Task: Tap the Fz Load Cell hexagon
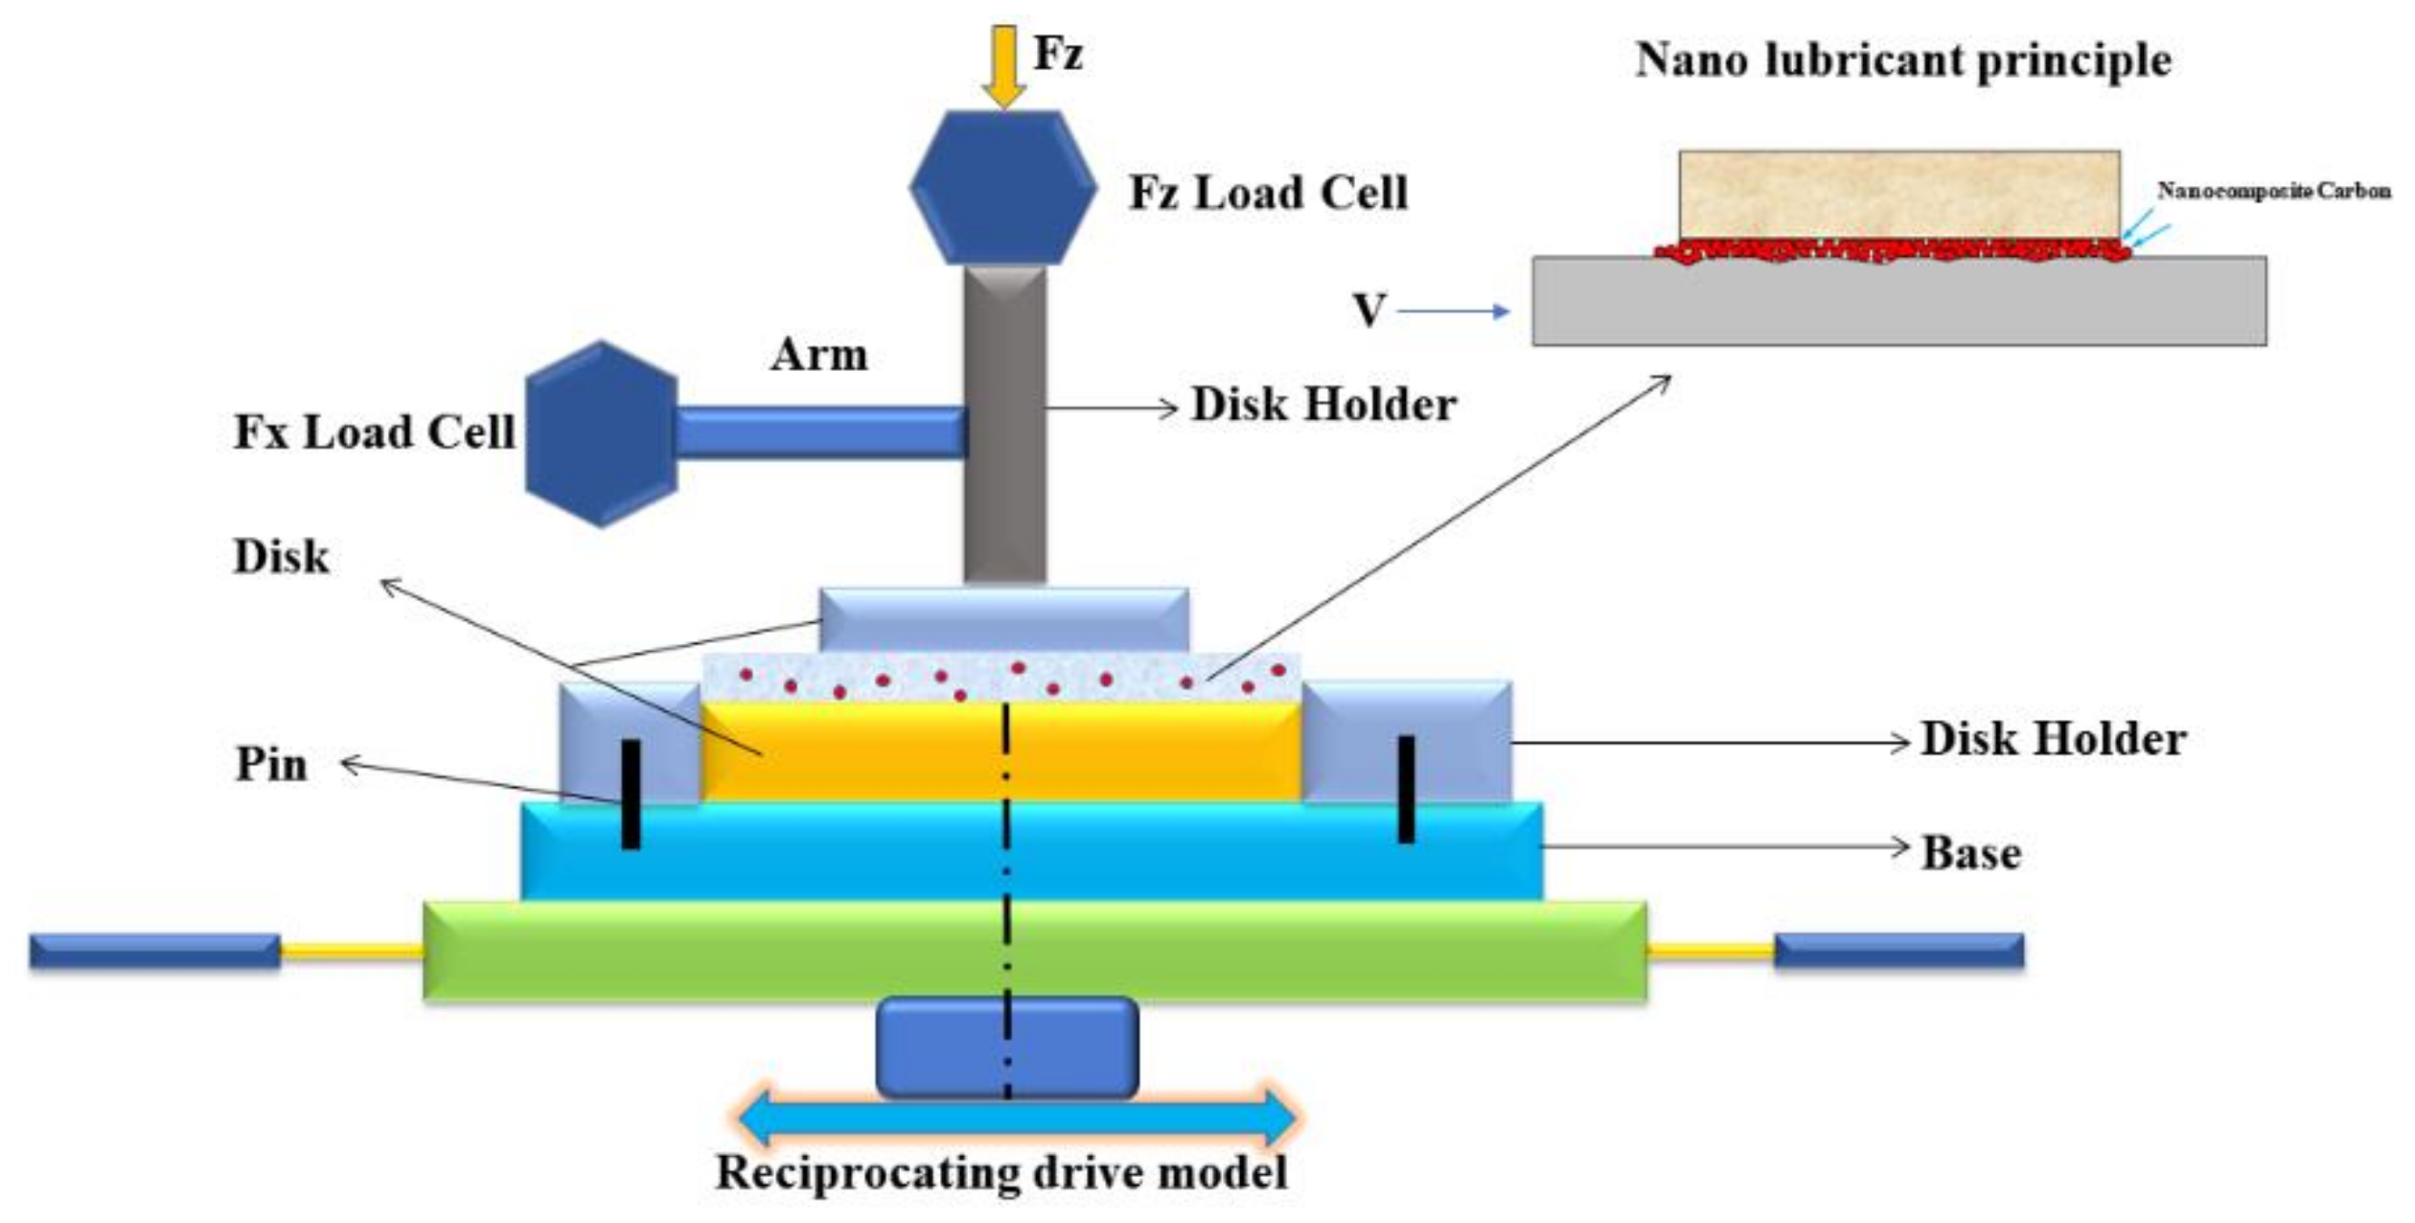click(x=1002, y=188)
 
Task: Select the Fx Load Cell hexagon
click(x=602, y=433)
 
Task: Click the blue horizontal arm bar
click(x=820, y=432)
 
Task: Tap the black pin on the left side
click(x=631, y=795)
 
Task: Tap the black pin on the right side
click(x=1406, y=789)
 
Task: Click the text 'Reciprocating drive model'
click(x=1002, y=1172)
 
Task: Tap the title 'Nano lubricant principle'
click(x=1903, y=59)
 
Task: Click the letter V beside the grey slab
click(x=1368, y=311)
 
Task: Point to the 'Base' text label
click(x=1971, y=853)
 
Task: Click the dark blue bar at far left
click(x=154, y=952)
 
